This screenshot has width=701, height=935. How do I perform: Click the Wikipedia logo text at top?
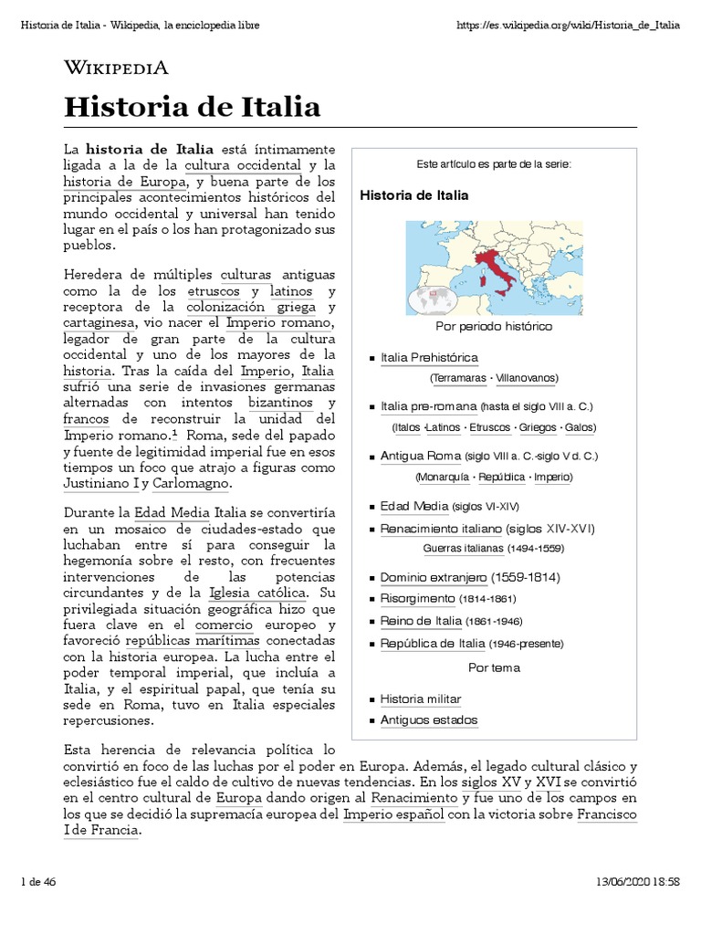pos(116,68)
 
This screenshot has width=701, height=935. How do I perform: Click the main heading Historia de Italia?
pos(192,108)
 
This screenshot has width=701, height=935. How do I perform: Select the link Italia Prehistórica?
pos(429,357)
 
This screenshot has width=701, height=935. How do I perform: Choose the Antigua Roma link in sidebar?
pos(421,456)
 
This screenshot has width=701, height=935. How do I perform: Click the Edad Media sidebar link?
pos(413,506)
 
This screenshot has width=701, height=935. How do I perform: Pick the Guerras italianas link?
pos(463,548)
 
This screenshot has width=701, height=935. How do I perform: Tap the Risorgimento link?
pos(417,599)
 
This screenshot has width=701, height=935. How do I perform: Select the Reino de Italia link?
pos(421,622)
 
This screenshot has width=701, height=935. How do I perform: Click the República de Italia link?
pos(432,644)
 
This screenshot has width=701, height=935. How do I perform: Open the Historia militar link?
pos(421,699)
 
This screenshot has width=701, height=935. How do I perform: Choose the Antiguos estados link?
pos(428,720)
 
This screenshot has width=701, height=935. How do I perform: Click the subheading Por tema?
pos(494,667)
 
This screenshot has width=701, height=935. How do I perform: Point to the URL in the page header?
pos(567,25)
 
